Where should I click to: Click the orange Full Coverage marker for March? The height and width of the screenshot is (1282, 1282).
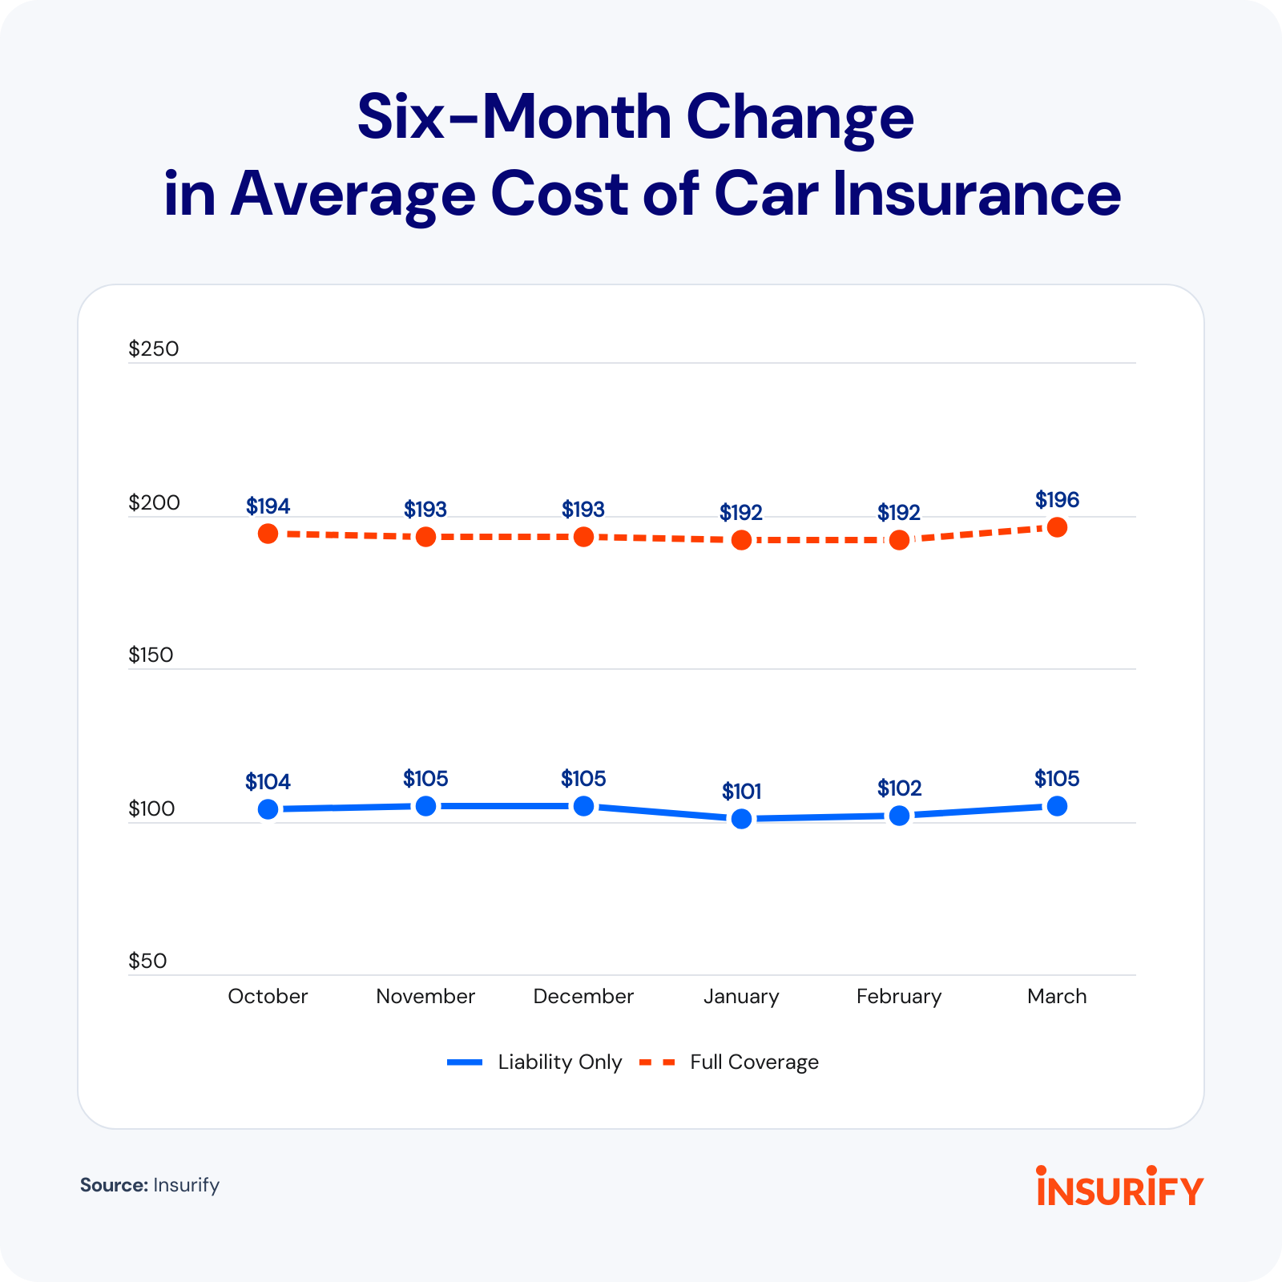point(1057,527)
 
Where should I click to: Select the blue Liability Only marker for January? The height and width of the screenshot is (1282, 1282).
point(741,819)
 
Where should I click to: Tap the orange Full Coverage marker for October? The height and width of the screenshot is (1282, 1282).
point(268,534)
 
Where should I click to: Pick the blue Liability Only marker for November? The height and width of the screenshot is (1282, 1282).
point(425,806)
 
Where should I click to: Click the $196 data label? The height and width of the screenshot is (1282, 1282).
point(1057,500)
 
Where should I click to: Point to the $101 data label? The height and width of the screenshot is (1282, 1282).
point(741,792)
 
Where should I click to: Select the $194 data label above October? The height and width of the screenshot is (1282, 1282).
point(268,506)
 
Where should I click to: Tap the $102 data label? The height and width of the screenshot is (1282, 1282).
point(899,788)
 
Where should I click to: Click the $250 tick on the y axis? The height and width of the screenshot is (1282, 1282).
point(154,349)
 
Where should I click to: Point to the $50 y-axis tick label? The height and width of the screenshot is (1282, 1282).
point(147,961)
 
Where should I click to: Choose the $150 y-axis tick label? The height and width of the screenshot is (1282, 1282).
point(151,655)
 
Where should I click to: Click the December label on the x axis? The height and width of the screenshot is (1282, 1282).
point(583,997)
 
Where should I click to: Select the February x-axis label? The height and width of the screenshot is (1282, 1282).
point(899,997)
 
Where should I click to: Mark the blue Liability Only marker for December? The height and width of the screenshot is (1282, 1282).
point(583,806)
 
